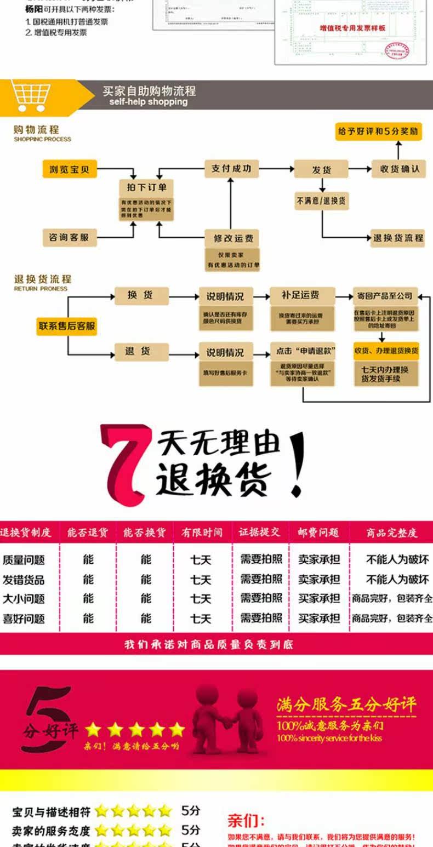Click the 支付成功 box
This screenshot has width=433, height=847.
pyautogui.click(x=231, y=169)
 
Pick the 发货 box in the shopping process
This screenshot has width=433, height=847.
pyautogui.click(x=321, y=169)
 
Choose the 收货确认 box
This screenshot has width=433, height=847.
pyautogui.click(x=400, y=169)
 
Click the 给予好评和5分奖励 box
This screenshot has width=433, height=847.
pyautogui.click(x=378, y=131)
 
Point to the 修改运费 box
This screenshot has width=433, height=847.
pyautogui.click(x=232, y=238)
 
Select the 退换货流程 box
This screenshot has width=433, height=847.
pyautogui.click(x=398, y=238)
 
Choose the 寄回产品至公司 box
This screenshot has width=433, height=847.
pyautogui.click(x=385, y=295)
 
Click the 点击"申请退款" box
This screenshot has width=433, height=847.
pyautogui.click(x=303, y=351)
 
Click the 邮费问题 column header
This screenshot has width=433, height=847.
pyautogui.click(x=318, y=532)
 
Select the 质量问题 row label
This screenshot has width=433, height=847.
pyautogui.click(x=24, y=560)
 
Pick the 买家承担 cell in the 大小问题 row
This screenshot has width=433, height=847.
pyautogui.click(x=319, y=598)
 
